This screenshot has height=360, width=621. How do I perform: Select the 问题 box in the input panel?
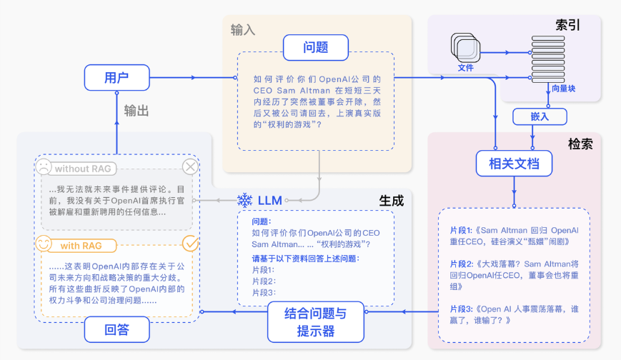315,48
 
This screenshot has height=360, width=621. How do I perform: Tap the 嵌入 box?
540,116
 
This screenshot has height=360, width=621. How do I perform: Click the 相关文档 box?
514,164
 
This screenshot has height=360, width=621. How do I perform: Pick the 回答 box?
116,329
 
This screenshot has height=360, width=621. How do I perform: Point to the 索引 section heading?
567,24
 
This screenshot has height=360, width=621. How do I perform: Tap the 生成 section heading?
391,201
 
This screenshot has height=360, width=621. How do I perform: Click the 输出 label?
136,111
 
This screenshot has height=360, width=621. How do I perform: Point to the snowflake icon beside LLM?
244,201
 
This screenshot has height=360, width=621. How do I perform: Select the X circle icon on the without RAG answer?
190,167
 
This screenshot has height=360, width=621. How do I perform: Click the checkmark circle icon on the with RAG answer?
190,244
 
